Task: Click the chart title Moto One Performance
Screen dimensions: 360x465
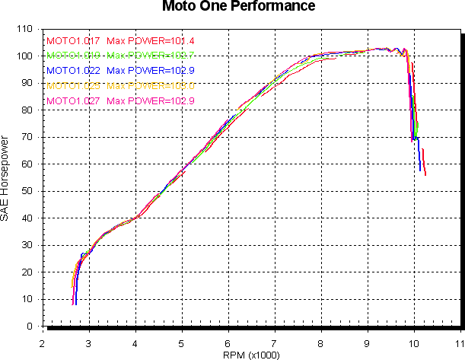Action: tap(238, 7)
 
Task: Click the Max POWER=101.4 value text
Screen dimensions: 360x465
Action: tap(150, 40)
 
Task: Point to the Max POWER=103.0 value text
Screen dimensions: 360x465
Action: tap(150, 85)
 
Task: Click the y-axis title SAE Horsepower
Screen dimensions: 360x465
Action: tap(6, 178)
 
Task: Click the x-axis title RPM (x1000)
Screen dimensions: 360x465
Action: tap(252, 355)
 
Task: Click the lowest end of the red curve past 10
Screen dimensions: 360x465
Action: tap(425, 175)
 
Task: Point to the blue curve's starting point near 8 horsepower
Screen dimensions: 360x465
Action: tap(76, 304)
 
